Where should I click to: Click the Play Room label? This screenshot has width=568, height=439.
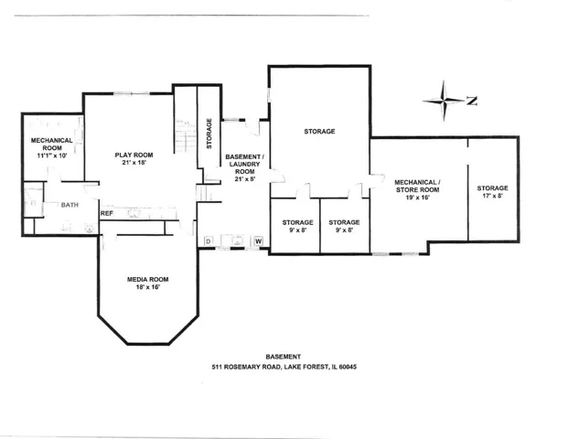pos(134,155)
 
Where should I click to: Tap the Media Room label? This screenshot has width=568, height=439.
pos(148,279)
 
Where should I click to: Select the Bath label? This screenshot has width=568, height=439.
pos(70,205)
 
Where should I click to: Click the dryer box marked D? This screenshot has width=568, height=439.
pos(209,241)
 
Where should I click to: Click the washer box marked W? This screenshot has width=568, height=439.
pos(258,241)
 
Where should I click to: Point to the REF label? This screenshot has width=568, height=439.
pos(107,214)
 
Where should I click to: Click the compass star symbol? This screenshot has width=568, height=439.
pos(444,101)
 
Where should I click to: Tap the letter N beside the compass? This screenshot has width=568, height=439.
pos(472,101)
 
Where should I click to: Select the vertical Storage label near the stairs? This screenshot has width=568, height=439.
pos(209,134)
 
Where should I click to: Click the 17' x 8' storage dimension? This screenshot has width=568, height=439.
pos(492,196)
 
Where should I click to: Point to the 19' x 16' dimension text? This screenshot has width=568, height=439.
pos(417,198)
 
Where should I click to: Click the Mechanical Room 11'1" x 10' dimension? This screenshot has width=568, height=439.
pos(52,155)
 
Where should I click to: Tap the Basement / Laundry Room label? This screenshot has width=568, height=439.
pos(245,164)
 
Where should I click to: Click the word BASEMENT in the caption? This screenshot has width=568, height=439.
pos(284,357)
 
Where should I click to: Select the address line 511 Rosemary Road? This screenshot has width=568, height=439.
pos(284,367)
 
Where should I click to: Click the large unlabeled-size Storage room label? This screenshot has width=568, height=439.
pos(319,132)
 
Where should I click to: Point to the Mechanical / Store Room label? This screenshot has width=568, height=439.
pos(417,186)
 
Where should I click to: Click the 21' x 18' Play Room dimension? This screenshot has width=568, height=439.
pos(134,163)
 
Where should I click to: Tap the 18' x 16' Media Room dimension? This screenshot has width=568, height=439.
pos(148,287)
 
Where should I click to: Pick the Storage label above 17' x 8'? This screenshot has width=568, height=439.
pos(492,188)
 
